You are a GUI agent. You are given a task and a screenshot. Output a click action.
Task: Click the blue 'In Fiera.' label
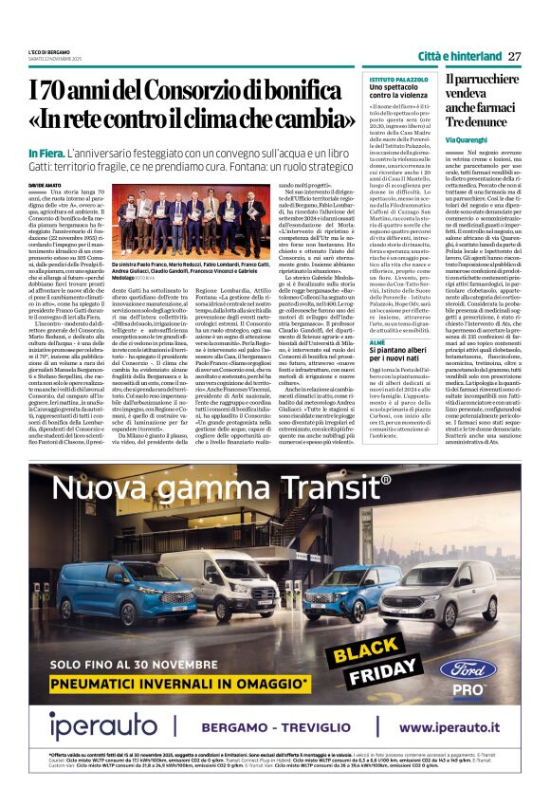coord(46,152)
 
